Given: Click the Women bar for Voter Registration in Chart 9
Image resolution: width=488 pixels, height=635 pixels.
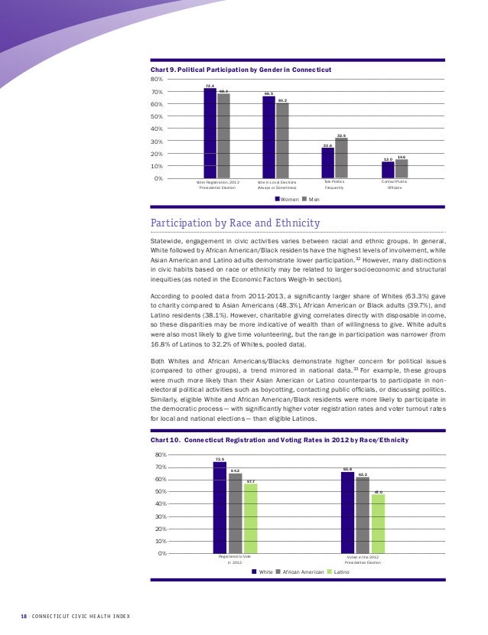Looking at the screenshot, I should pos(210,134).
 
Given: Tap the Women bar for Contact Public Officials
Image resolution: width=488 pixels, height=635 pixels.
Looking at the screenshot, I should pos(388,170).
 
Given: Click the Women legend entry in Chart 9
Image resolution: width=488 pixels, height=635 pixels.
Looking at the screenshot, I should pos(287,199).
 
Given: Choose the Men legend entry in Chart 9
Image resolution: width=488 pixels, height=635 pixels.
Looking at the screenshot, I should pos(311,199).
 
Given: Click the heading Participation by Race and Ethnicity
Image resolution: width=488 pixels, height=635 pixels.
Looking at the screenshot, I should pos(234,223).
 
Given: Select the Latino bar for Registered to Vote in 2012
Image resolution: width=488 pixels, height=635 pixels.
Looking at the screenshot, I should pos(250,518).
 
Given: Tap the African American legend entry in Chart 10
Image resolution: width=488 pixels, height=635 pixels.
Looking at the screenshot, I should pos(301,571).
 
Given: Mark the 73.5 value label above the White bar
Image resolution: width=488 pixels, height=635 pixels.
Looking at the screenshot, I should pos(220,459).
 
